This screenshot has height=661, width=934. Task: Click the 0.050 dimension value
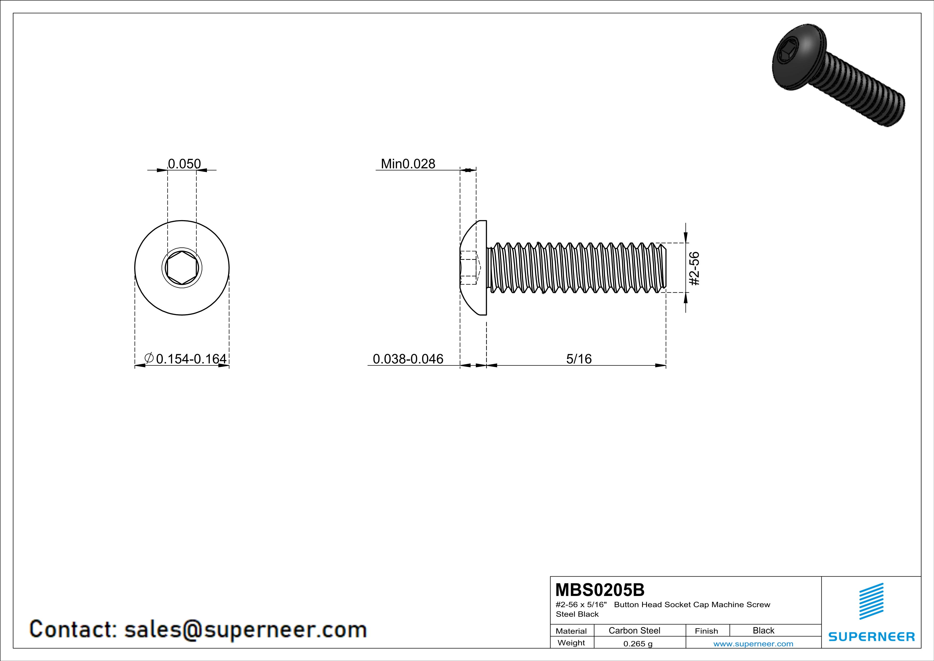(184, 164)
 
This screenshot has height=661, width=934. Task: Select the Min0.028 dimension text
(408, 164)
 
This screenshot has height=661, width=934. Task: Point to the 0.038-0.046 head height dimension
(408, 358)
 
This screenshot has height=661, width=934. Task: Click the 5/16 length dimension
(579, 358)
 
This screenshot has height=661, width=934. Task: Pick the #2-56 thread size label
(694, 269)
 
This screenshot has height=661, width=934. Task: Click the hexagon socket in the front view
(182, 267)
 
